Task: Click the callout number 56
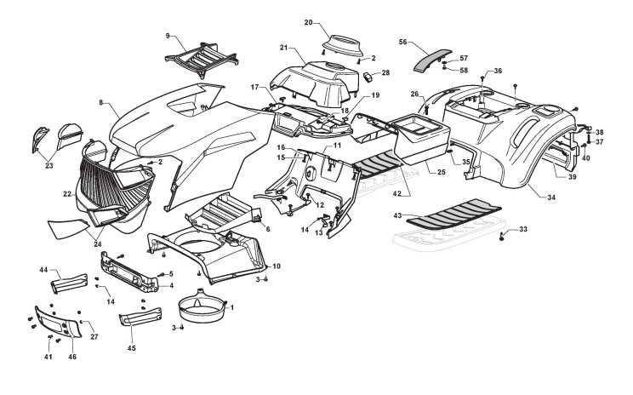(403, 41)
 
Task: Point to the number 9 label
(168, 35)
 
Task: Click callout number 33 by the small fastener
(522, 229)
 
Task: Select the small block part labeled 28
(371, 75)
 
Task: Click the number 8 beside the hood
(101, 103)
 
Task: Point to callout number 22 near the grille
(67, 194)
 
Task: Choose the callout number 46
(72, 358)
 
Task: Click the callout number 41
(48, 358)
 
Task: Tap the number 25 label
(441, 173)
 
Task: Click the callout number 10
(276, 267)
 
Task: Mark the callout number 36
(498, 71)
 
